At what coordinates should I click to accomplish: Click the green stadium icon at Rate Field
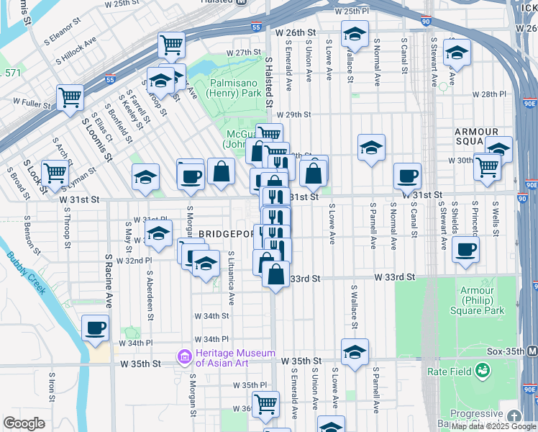tap(482, 371)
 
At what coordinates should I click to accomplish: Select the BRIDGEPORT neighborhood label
tap(225, 234)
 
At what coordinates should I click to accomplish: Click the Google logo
tap(24, 423)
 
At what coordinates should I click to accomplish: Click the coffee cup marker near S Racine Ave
tap(95, 328)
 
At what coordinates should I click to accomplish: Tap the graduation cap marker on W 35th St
tap(355, 352)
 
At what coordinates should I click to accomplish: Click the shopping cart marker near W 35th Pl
tap(265, 404)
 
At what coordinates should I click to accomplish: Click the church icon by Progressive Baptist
tap(514, 417)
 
